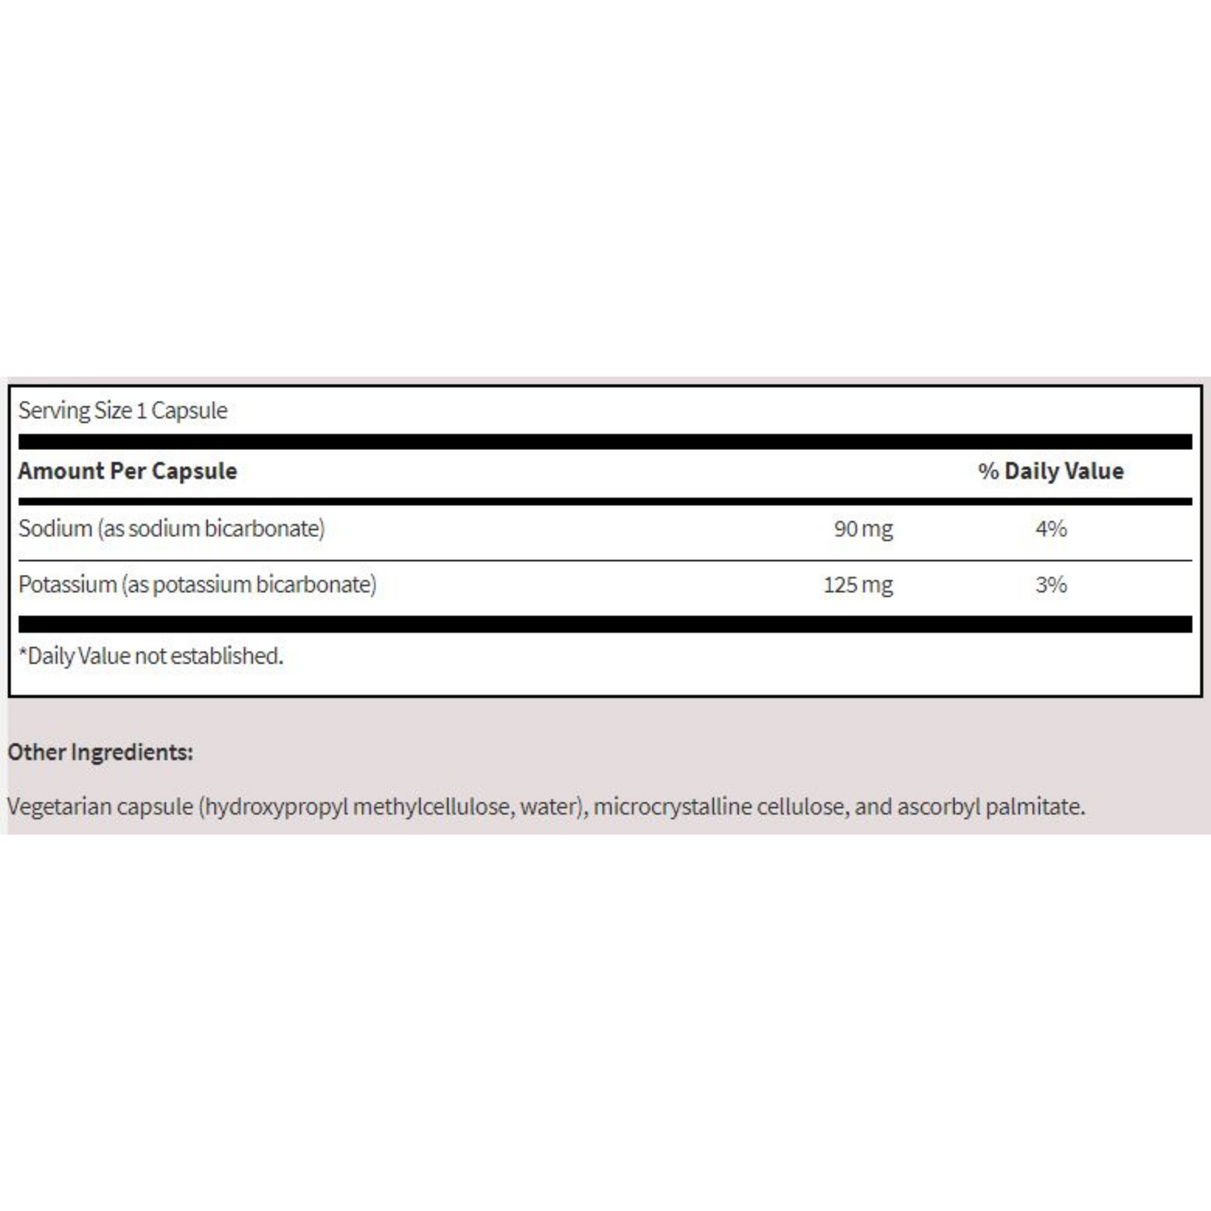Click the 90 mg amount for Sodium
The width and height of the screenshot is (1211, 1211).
click(x=863, y=529)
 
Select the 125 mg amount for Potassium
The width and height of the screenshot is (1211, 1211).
click(x=857, y=585)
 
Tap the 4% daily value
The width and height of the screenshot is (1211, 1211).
click(x=1051, y=529)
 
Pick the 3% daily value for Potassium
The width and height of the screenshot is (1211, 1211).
click(x=1051, y=585)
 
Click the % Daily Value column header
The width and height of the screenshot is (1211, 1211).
click(x=1051, y=471)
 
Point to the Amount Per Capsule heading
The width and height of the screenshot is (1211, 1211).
click(x=127, y=471)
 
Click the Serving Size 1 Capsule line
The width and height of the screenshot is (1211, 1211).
click(x=123, y=411)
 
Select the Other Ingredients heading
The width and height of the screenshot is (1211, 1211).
click(x=101, y=753)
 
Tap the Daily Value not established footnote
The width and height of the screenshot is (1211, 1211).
click(x=152, y=656)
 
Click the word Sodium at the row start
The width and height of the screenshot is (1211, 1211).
click(x=55, y=529)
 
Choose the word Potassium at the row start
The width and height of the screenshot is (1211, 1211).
click(x=67, y=585)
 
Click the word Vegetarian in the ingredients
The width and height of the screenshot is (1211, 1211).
click(x=59, y=807)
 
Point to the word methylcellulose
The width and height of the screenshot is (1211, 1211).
click(x=431, y=807)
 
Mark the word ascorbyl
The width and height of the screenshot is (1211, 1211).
click(x=938, y=807)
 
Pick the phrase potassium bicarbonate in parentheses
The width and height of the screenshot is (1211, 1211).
click(x=262, y=585)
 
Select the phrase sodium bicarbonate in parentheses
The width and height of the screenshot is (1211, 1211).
click(x=224, y=529)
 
